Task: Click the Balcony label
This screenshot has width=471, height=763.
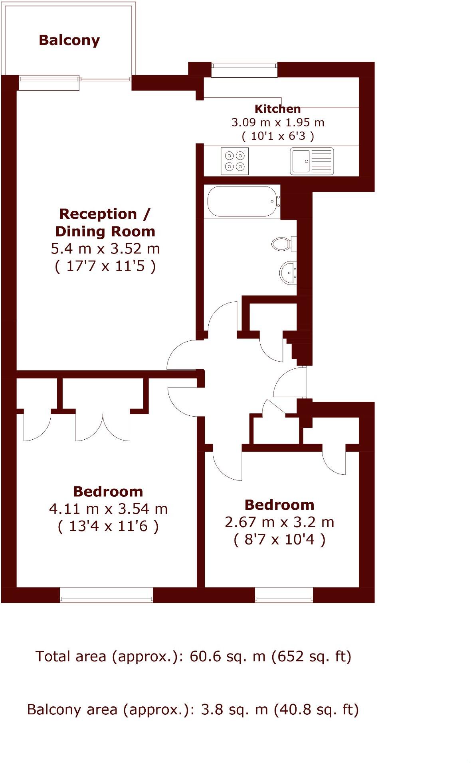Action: pyautogui.click(x=69, y=40)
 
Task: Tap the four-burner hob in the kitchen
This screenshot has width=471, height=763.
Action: pyautogui.click(x=235, y=161)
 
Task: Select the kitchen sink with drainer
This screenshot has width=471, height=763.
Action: pyautogui.click(x=312, y=161)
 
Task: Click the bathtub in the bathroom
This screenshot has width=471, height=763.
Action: pyautogui.click(x=242, y=201)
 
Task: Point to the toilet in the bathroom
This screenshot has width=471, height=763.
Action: pyautogui.click(x=282, y=244)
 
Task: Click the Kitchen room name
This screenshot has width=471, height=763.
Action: pyautogui.click(x=277, y=108)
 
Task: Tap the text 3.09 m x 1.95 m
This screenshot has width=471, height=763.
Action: pyautogui.click(x=278, y=122)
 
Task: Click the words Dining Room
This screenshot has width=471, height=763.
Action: pyautogui.click(x=105, y=231)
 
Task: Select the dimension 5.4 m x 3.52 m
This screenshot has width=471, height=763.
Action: pyautogui.click(x=105, y=249)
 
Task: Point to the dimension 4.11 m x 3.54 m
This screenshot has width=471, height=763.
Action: pyautogui.click(x=108, y=509)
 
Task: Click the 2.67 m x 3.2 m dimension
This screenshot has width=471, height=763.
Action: pyautogui.click(x=279, y=522)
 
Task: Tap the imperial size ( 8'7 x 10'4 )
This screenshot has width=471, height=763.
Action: pyautogui.click(x=279, y=540)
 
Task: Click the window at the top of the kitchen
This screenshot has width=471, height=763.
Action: pyautogui.click(x=244, y=70)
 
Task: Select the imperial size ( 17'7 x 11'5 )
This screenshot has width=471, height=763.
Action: pyautogui.click(x=105, y=266)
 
